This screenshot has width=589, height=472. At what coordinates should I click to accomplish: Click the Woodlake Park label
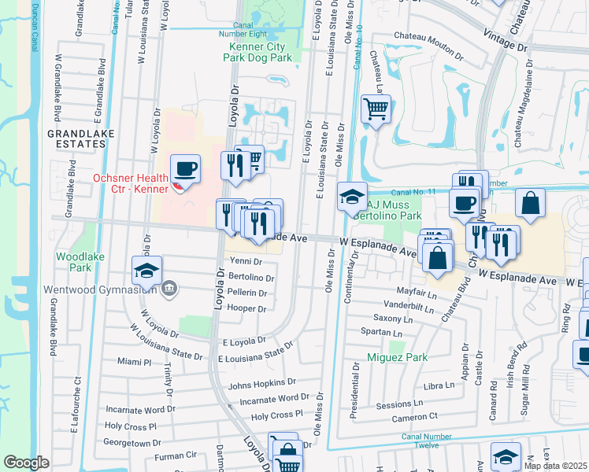point(74,262)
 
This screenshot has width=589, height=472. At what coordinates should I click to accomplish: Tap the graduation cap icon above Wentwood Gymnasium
point(147,271)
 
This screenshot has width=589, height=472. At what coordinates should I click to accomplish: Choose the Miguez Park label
point(397,357)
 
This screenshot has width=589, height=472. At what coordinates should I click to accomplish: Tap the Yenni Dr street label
point(246,262)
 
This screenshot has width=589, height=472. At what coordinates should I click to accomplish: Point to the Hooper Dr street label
point(246,308)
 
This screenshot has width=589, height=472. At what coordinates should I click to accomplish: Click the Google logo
point(26,463)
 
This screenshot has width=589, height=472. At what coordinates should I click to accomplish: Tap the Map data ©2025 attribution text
point(556,466)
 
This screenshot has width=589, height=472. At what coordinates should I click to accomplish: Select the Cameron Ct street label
point(417,416)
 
